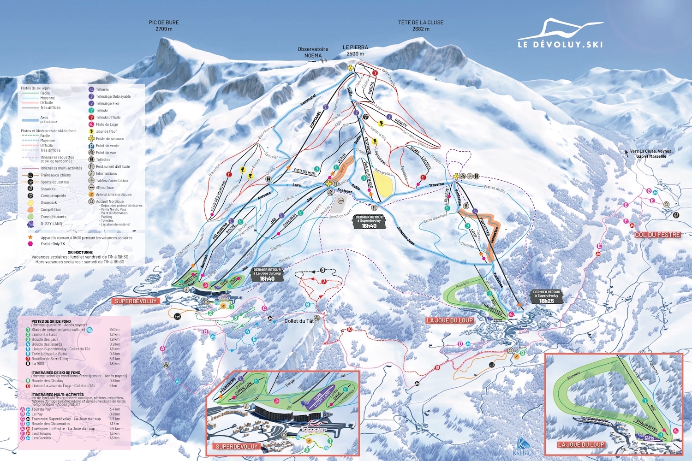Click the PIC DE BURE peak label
164,25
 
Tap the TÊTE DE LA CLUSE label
421,25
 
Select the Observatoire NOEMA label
313,52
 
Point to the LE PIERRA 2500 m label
355,50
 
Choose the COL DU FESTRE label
657,235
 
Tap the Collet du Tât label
299,321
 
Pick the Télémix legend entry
102,89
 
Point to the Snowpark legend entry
48,202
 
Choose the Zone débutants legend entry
53,217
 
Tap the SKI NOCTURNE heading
80,252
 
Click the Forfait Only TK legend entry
53,244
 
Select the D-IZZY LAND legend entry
51,224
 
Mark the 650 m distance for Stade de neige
114,330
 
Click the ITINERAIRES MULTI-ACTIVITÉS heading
58,395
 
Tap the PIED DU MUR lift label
305,171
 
